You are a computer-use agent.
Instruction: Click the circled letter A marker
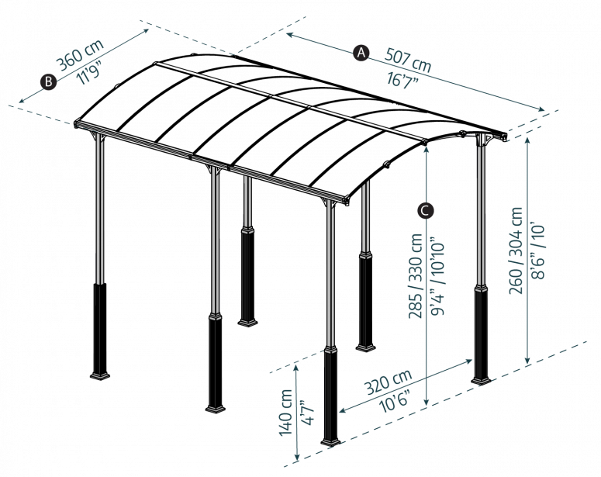361,53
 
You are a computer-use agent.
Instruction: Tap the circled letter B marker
48,81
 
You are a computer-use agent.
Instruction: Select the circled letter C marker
425,210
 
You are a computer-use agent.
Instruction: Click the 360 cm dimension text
80,56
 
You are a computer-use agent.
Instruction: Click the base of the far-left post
100,375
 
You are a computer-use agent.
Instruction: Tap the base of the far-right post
481,379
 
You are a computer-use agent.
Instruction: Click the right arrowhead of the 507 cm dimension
542,109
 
